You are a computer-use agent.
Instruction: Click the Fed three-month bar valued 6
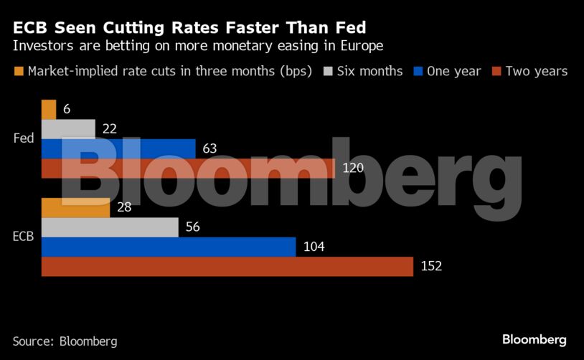point(49,110)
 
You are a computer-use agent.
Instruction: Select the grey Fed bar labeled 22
point(68,129)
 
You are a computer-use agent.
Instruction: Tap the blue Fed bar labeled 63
point(118,148)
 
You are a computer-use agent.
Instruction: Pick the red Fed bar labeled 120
point(188,168)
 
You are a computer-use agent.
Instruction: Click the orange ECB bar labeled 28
point(75,208)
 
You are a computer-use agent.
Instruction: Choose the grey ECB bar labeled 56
point(110,227)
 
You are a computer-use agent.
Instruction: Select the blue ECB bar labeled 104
point(169,247)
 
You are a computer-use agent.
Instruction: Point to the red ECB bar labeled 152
point(227,266)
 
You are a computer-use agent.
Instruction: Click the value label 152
point(431,266)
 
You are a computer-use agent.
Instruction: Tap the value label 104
point(314,247)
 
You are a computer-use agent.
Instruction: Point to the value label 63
point(209,148)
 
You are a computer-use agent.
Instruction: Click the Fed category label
point(24,138)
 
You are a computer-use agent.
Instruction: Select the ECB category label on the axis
point(23,237)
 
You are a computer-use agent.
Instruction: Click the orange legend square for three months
point(19,71)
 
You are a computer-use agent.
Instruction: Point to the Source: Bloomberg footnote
point(65,341)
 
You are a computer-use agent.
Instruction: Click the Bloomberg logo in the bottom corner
point(534,339)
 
